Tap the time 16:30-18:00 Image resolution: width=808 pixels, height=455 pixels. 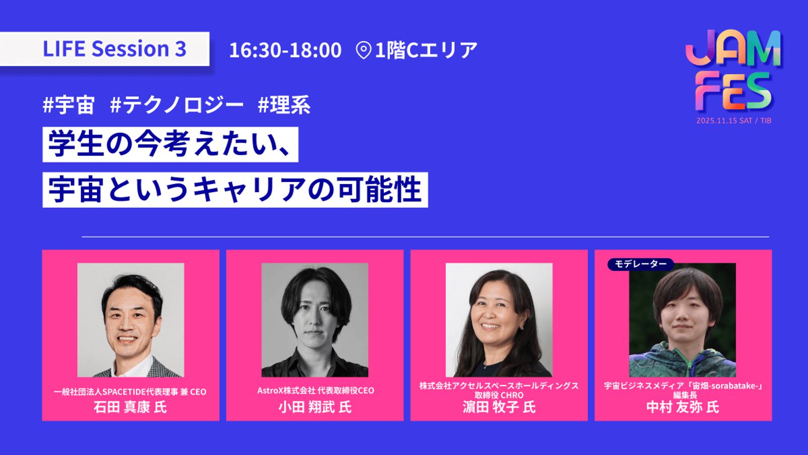point(285,50)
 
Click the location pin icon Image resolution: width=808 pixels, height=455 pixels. point(364,50)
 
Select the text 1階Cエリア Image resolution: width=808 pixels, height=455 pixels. point(426,50)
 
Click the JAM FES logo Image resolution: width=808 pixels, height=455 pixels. point(733,70)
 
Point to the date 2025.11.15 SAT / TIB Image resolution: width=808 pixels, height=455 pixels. point(734,121)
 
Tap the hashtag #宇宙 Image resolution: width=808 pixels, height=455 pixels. point(69,105)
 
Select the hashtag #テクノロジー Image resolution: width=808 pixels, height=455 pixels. point(177,105)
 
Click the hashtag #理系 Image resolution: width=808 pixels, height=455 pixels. point(284,105)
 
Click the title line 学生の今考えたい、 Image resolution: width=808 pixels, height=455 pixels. point(170,145)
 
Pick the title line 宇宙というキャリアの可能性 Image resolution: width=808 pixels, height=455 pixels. point(235,190)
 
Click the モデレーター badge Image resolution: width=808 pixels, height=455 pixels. point(641,264)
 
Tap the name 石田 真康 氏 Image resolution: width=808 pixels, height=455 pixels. point(130,407)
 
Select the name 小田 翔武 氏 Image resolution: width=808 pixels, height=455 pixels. point(315,407)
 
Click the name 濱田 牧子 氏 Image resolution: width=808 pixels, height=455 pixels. point(499,407)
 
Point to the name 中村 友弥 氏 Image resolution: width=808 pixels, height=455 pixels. point(683,407)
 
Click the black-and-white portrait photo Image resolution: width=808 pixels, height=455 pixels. point(315,320)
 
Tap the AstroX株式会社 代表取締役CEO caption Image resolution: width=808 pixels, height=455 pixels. point(316,391)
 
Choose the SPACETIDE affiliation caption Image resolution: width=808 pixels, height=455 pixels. point(130,392)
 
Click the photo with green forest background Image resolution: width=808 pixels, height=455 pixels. point(682,320)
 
